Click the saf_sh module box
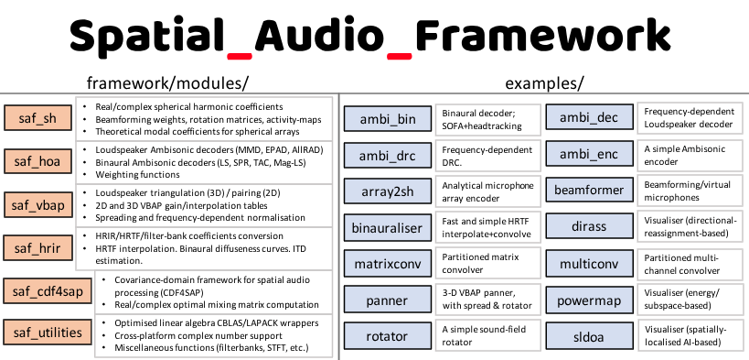36,118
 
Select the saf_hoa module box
36,161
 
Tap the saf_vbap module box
36,204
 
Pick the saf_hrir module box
36,247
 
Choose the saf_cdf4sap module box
47,291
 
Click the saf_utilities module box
47,332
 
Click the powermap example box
589,300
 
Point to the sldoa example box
589,336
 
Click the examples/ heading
541,82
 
